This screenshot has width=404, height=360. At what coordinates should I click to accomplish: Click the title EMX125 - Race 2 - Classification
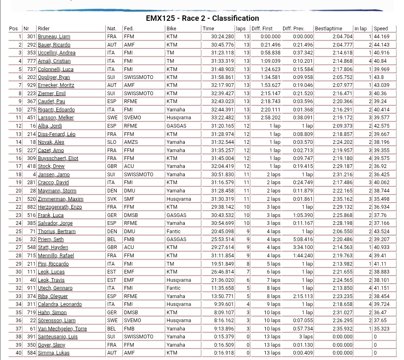[x=202, y=18]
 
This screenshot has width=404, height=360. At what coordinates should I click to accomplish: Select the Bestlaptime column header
[x=328, y=29]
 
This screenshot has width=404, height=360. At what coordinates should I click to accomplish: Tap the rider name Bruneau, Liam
[x=54, y=37]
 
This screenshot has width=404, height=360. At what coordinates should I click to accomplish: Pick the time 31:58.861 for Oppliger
[x=223, y=77]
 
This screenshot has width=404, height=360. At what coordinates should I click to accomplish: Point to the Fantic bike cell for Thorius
[x=174, y=232]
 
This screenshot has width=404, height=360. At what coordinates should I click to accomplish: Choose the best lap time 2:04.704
[x=342, y=37]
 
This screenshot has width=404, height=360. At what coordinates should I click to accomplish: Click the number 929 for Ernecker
[x=31, y=85]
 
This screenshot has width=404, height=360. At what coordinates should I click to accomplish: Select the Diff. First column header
[x=262, y=29]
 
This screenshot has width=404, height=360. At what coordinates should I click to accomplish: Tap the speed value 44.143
[x=382, y=45]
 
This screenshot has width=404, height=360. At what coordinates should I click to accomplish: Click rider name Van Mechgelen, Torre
[x=62, y=329]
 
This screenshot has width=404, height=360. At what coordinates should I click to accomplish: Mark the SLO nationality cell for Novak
[x=111, y=142]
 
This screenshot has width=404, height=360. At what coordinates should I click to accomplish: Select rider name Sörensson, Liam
[x=56, y=321]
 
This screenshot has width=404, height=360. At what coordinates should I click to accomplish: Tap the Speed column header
[x=380, y=29]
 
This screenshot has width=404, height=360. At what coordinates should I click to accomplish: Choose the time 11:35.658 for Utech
[x=223, y=288]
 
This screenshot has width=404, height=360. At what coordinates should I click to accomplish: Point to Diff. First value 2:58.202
[x=270, y=118]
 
